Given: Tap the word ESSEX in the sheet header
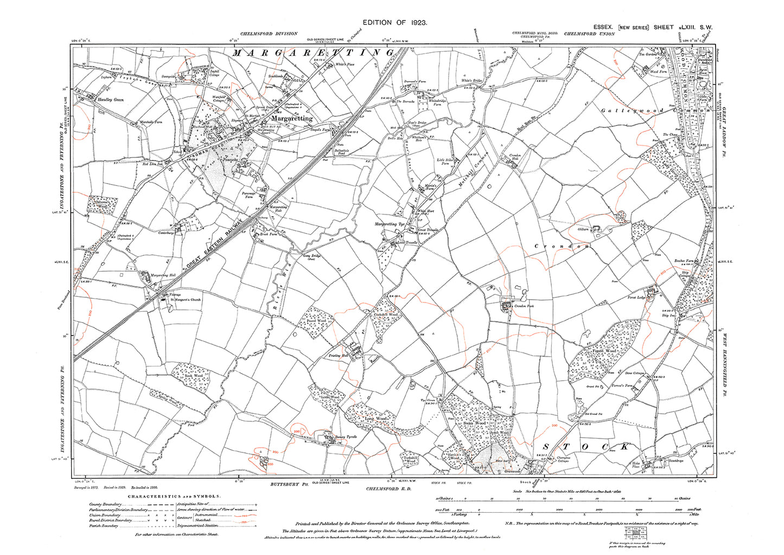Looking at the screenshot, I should click(x=602, y=27).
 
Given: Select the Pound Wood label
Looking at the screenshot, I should click(x=316, y=321).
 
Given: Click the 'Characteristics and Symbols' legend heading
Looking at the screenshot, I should click(x=174, y=496).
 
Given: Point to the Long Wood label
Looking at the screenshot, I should click(x=375, y=419).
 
